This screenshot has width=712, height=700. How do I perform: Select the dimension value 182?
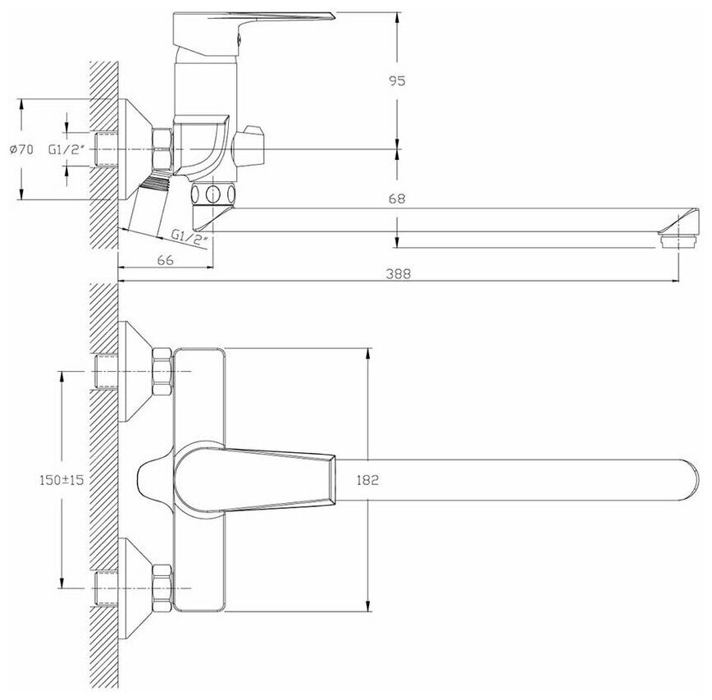click(367, 480)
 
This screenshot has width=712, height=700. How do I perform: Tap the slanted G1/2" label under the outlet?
click(190, 238)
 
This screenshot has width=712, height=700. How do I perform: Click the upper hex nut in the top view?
click(162, 371)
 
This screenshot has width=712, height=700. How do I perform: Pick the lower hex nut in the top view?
click(162, 588)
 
